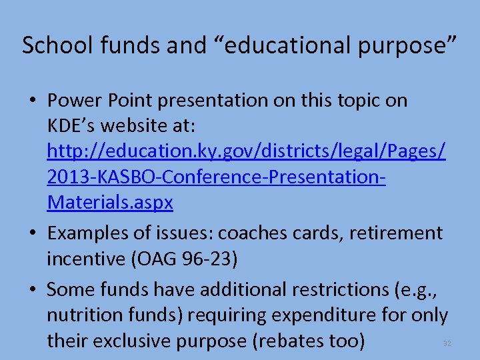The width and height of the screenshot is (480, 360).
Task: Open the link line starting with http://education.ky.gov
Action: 246,151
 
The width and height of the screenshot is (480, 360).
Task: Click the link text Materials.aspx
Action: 110,203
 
